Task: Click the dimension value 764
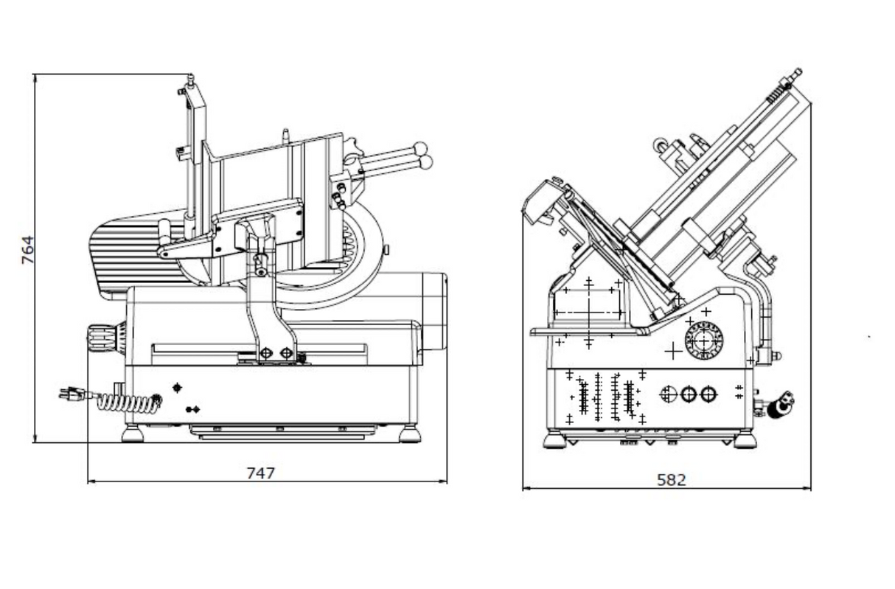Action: coord(27,251)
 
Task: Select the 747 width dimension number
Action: coord(260,473)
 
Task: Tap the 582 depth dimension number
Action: coord(671,480)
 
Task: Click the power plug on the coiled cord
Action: coord(72,395)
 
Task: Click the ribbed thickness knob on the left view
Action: coord(101,338)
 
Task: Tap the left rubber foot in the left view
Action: coord(133,433)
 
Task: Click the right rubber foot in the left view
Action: coord(409,433)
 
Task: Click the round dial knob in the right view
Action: coord(704,341)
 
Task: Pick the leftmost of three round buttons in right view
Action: coord(668,394)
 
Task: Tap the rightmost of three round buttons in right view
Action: coord(708,394)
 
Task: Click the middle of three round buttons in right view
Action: coord(688,394)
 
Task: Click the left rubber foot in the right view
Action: coord(555,441)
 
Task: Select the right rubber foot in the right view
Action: coord(744,441)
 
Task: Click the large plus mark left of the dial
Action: coord(672,351)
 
